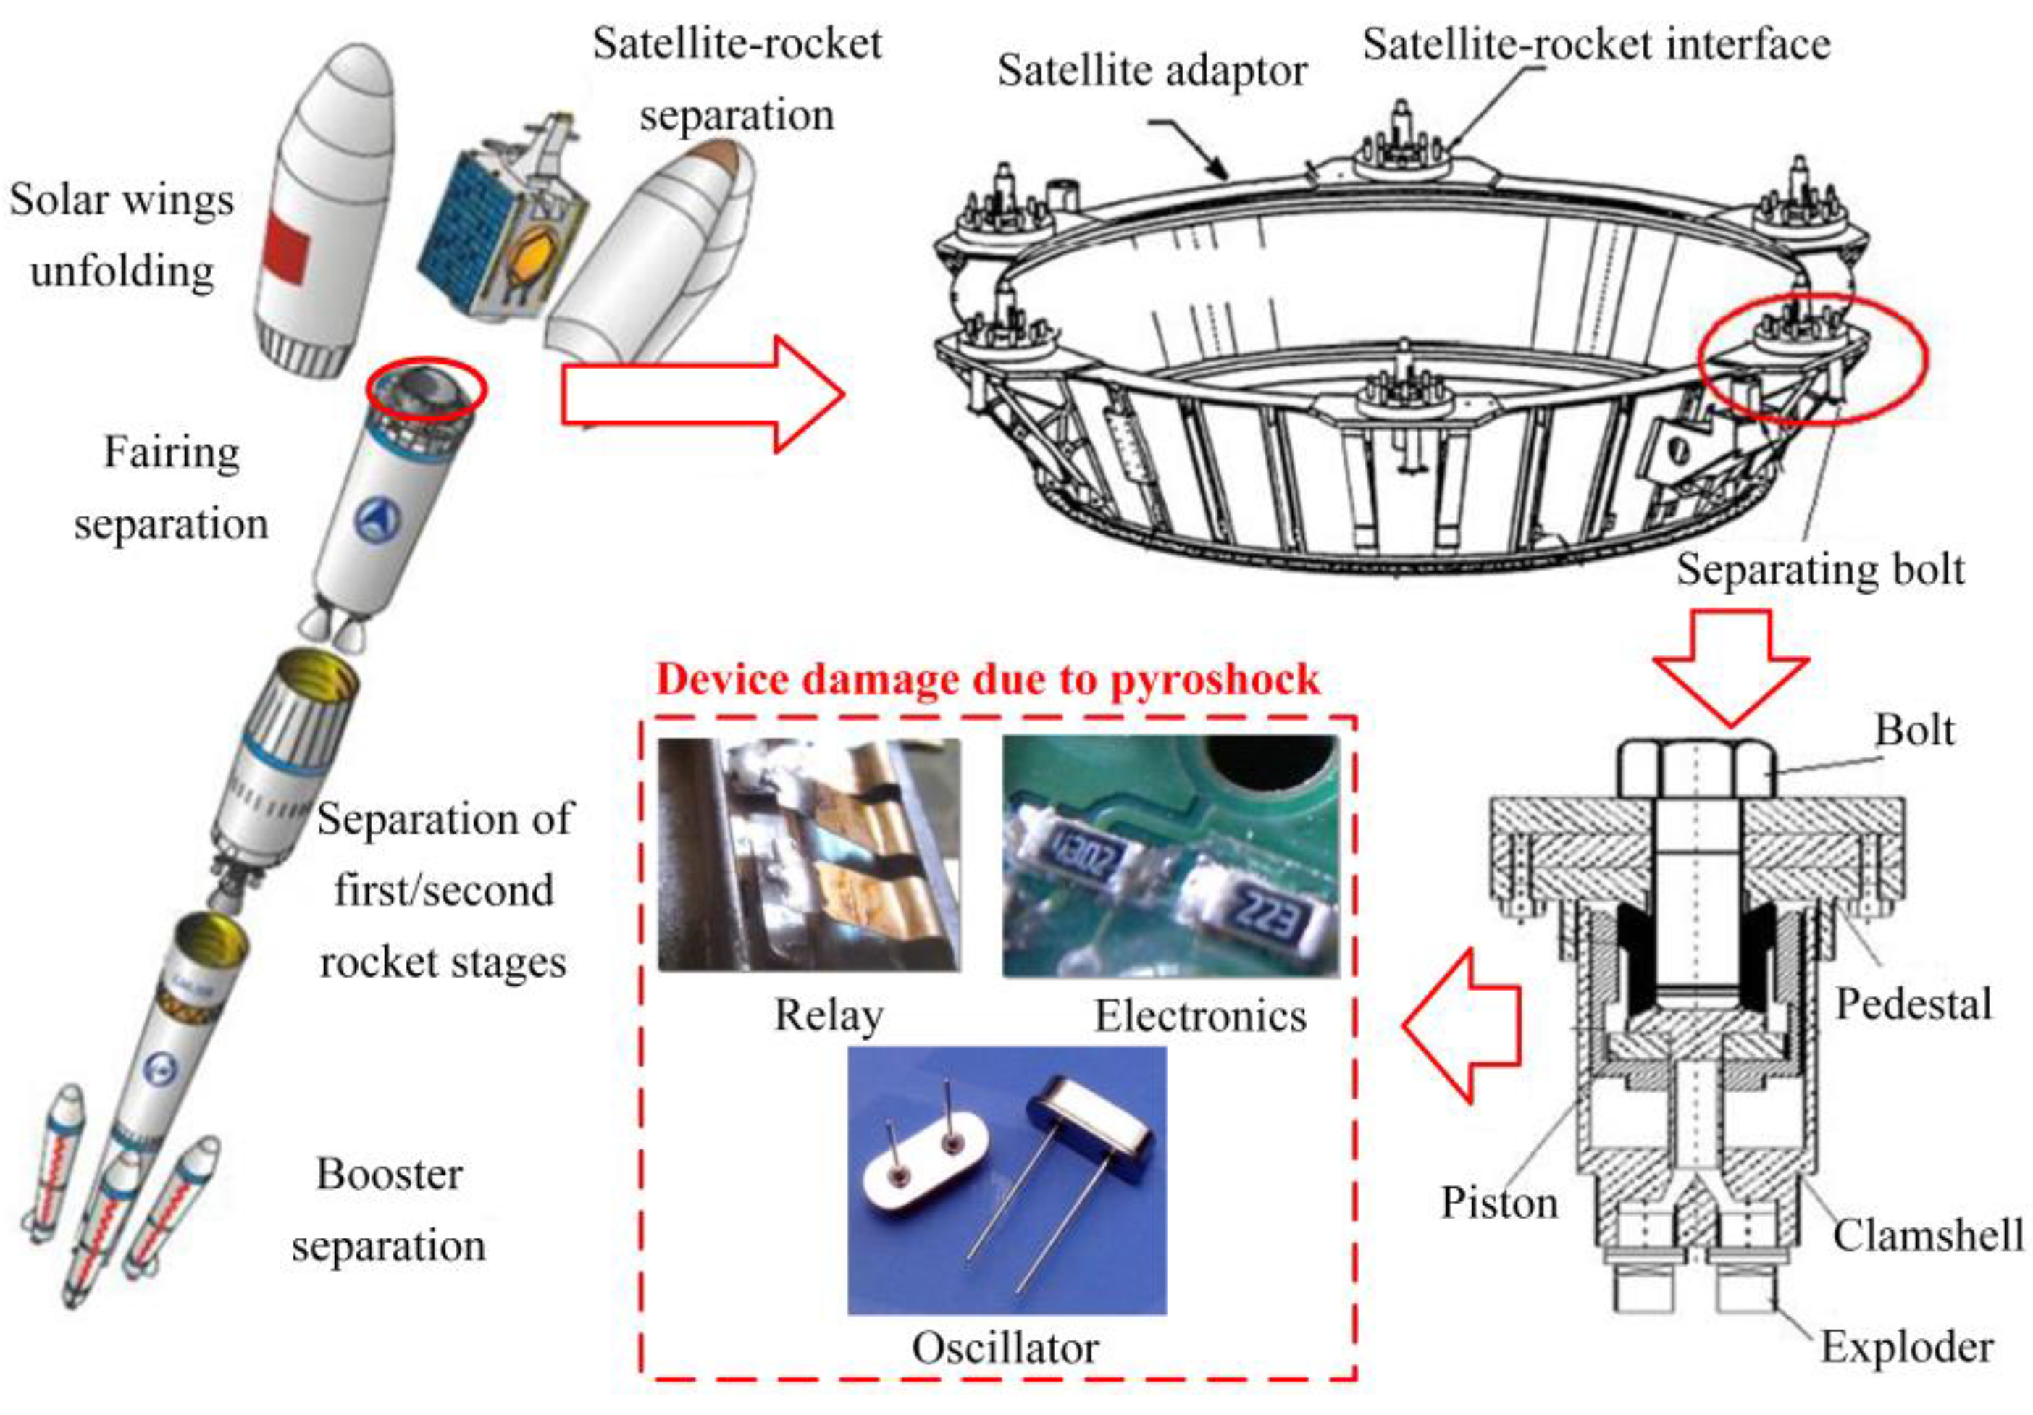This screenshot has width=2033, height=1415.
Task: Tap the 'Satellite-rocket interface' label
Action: tap(1596, 44)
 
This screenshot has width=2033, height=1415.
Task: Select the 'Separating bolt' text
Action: tap(1819, 569)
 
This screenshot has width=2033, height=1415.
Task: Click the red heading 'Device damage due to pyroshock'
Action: tap(987, 680)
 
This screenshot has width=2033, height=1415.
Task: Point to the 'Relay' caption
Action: tap(828, 1016)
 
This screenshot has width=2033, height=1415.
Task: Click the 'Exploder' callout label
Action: tap(1906, 1348)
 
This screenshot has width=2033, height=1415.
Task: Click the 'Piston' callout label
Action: tap(1498, 1204)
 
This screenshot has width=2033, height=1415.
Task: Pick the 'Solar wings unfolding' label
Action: tap(122, 235)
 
